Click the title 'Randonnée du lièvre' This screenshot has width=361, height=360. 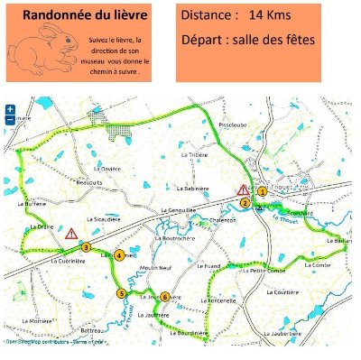tap(87, 15)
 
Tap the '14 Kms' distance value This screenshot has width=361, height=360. tap(270, 16)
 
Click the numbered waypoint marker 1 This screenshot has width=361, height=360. tap(262, 191)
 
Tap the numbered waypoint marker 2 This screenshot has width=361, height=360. tap(245, 203)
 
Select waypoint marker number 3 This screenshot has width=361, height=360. tap(86, 246)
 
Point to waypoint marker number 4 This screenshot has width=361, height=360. tap(119, 256)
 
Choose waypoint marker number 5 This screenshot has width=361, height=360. tap(121, 292)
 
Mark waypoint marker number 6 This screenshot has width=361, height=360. tap(165, 297)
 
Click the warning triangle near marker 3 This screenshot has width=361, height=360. tap(70, 233)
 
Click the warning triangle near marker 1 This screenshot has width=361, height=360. tap(242, 190)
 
